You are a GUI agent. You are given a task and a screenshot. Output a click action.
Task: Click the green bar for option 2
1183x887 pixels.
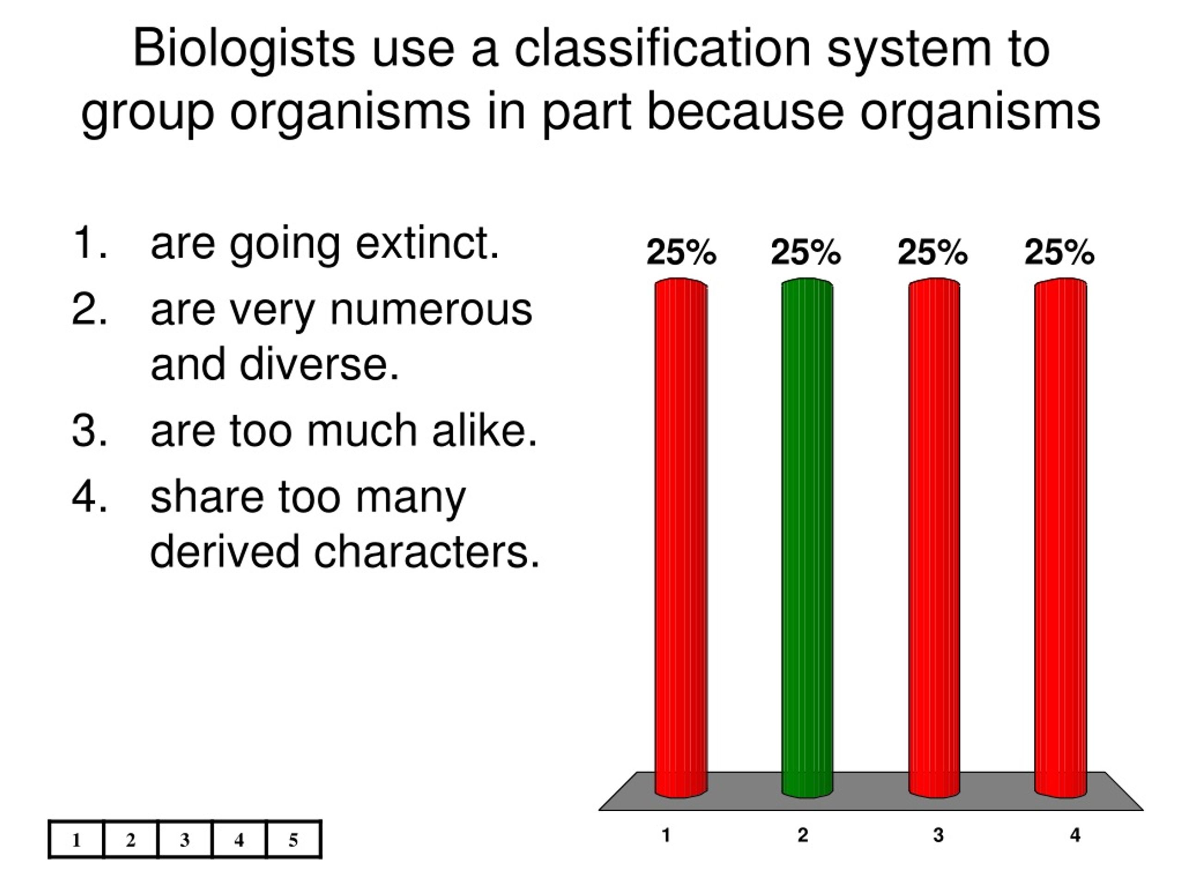(807, 535)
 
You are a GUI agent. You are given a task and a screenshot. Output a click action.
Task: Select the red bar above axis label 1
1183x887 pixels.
(681, 535)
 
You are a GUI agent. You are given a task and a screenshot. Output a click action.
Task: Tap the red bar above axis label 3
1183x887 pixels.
(934, 535)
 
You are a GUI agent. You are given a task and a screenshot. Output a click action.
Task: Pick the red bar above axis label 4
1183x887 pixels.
(1061, 535)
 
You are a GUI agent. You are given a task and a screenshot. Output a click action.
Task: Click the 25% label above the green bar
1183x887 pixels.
(806, 252)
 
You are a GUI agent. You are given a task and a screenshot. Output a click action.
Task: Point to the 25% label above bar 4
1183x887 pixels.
(1060, 252)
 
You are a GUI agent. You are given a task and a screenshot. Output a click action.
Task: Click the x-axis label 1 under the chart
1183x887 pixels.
(666, 835)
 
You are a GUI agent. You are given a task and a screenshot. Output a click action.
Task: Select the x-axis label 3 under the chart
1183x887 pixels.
(939, 835)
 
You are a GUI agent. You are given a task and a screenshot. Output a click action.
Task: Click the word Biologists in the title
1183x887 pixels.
(244, 49)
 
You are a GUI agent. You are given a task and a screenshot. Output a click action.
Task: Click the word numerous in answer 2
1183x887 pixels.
(431, 310)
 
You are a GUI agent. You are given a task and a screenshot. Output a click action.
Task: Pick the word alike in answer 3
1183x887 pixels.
(484, 431)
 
